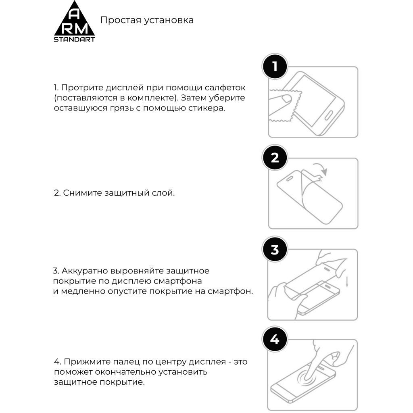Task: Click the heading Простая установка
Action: [x=147, y=20]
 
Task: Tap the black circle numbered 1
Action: [x=275, y=66]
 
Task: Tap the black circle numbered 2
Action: [x=275, y=158]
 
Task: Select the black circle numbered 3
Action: [x=275, y=249]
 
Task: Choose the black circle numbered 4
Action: [x=275, y=340]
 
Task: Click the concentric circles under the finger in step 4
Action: [x=307, y=378]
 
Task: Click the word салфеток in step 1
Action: [x=227, y=88]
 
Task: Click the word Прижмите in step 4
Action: [x=84, y=361]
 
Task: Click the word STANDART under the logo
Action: [x=75, y=40]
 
